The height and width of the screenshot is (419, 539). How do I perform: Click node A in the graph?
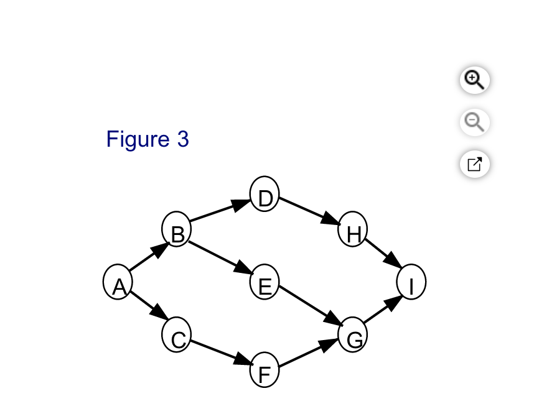[118, 282]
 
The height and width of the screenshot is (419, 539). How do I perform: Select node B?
[176, 229]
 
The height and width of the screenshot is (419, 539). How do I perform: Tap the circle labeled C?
[176, 334]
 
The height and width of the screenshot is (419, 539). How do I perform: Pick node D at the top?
[265, 194]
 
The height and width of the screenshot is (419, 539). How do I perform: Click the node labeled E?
[265, 282]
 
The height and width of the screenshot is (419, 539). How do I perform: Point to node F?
[265, 369]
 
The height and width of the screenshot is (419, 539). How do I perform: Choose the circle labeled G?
[353, 334]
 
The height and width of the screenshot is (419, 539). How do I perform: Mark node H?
[353, 229]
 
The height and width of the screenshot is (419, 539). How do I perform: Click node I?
[411, 282]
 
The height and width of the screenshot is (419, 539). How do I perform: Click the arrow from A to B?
[149, 256]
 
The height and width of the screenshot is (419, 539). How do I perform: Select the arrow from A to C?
[149, 306]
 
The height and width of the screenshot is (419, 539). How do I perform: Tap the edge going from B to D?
[220, 210]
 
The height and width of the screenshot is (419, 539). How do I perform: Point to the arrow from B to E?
[221, 258]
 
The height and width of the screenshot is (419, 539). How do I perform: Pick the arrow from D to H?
[310, 211]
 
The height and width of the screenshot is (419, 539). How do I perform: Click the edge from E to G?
[311, 305]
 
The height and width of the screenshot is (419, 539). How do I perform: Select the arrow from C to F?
[222, 352]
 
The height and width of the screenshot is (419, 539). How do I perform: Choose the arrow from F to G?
[309, 352]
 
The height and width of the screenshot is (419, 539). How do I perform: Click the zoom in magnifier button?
[475, 80]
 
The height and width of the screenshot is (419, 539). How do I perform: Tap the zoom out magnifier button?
[475, 122]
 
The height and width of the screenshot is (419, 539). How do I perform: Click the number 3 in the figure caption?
[183, 139]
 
